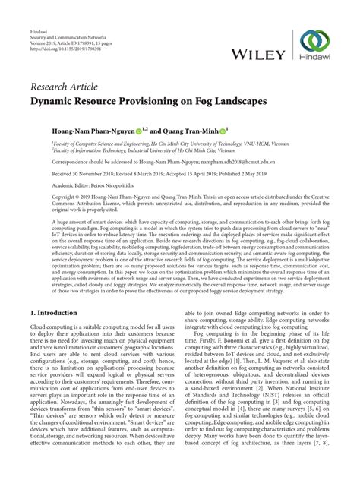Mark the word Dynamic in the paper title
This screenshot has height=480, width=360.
click(x=53, y=100)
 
